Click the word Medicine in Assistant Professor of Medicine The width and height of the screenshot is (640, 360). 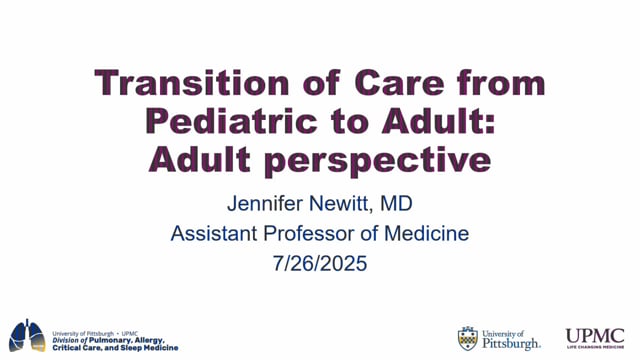pyautogui.click(x=425, y=235)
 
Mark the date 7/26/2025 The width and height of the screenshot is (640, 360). pyautogui.click(x=320, y=265)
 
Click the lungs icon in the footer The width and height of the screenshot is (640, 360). pyautogui.click(x=27, y=335)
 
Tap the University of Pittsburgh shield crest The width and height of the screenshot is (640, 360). pyautogui.click(x=467, y=338)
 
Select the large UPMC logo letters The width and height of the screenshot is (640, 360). pyautogui.click(x=595, y=335)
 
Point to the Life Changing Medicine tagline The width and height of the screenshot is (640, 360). pyautogui.click(x=595, y=349)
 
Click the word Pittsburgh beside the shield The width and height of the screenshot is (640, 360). pyautogui.click(x=511, y=343)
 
